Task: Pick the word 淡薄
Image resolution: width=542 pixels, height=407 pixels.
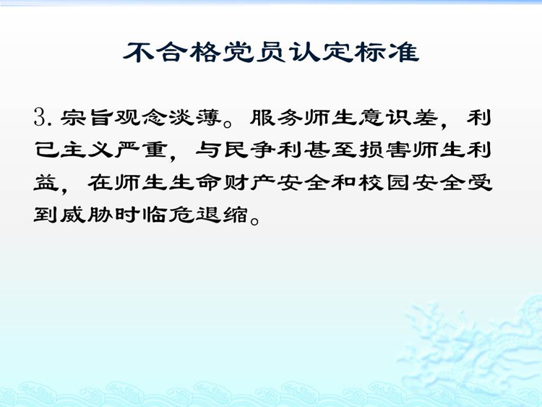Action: (194, 118)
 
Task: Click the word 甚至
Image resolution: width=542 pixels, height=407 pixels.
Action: (330, 150)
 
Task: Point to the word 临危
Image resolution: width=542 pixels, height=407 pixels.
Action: (167, 215)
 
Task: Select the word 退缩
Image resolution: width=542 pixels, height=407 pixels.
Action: (221, 215)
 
